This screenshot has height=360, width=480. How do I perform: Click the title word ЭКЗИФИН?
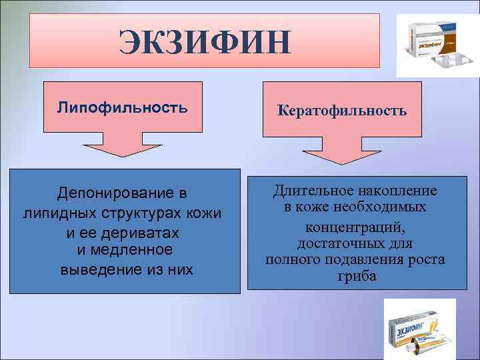tap(205, 42)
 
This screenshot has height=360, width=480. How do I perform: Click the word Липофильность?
tap(122, 107)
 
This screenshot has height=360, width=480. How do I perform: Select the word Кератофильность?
tap(342, 110)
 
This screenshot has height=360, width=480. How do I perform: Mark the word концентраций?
tap(354, 226)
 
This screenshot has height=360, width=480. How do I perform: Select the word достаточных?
tap(339, 243)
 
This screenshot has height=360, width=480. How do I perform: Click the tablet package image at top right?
tap(437, 45)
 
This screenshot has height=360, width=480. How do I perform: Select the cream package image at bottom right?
tap(419, 329)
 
